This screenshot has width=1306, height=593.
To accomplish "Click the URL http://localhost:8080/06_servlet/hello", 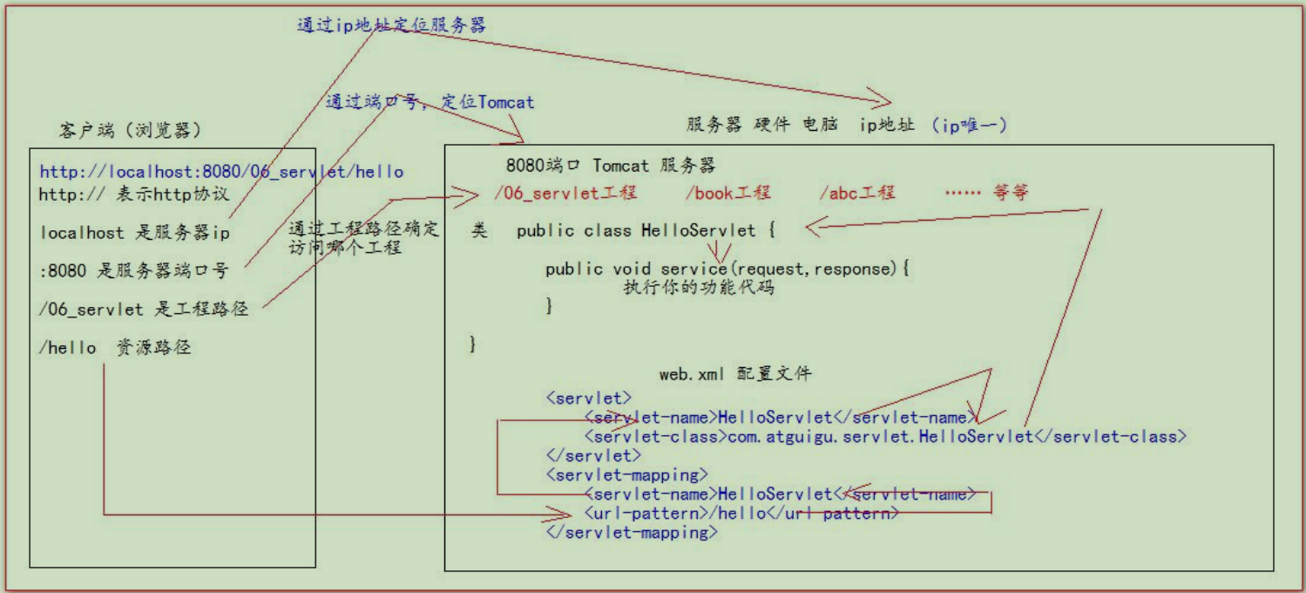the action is point(221,172).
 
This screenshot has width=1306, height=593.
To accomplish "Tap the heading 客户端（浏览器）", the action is point(131,131).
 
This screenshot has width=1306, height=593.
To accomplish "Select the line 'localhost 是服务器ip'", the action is point(135,233).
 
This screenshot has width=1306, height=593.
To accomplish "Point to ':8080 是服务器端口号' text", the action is point(133,271).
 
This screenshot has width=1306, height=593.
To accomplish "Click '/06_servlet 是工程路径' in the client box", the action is point(144,310).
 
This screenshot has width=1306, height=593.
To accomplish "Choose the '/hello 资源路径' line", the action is point(115,348).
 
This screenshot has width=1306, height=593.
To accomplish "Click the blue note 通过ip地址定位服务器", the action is point(391,25).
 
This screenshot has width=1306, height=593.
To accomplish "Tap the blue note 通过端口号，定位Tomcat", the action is point(430,102).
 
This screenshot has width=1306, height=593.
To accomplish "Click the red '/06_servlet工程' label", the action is point(565,193).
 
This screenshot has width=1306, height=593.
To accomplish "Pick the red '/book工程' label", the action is point(727,193).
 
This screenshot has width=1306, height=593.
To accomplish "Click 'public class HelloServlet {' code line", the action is point(645,231).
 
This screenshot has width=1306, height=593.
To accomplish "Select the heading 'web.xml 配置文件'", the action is point(734,374).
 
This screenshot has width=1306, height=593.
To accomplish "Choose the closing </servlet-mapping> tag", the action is point(632,533).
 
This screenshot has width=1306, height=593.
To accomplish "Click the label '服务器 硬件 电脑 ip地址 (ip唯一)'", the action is point(847,125).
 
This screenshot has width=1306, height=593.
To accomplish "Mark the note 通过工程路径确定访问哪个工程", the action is point(364,239).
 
